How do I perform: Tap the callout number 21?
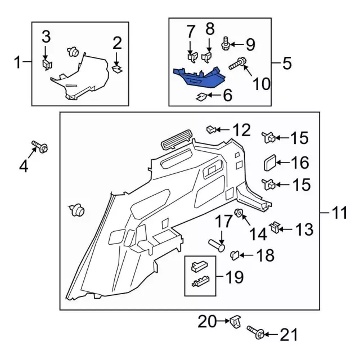coord(287,336)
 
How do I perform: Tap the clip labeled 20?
coord(236,322)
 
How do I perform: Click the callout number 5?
coord(287,63)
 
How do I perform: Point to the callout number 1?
coord(18,62)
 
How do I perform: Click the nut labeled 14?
coord(238,213)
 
